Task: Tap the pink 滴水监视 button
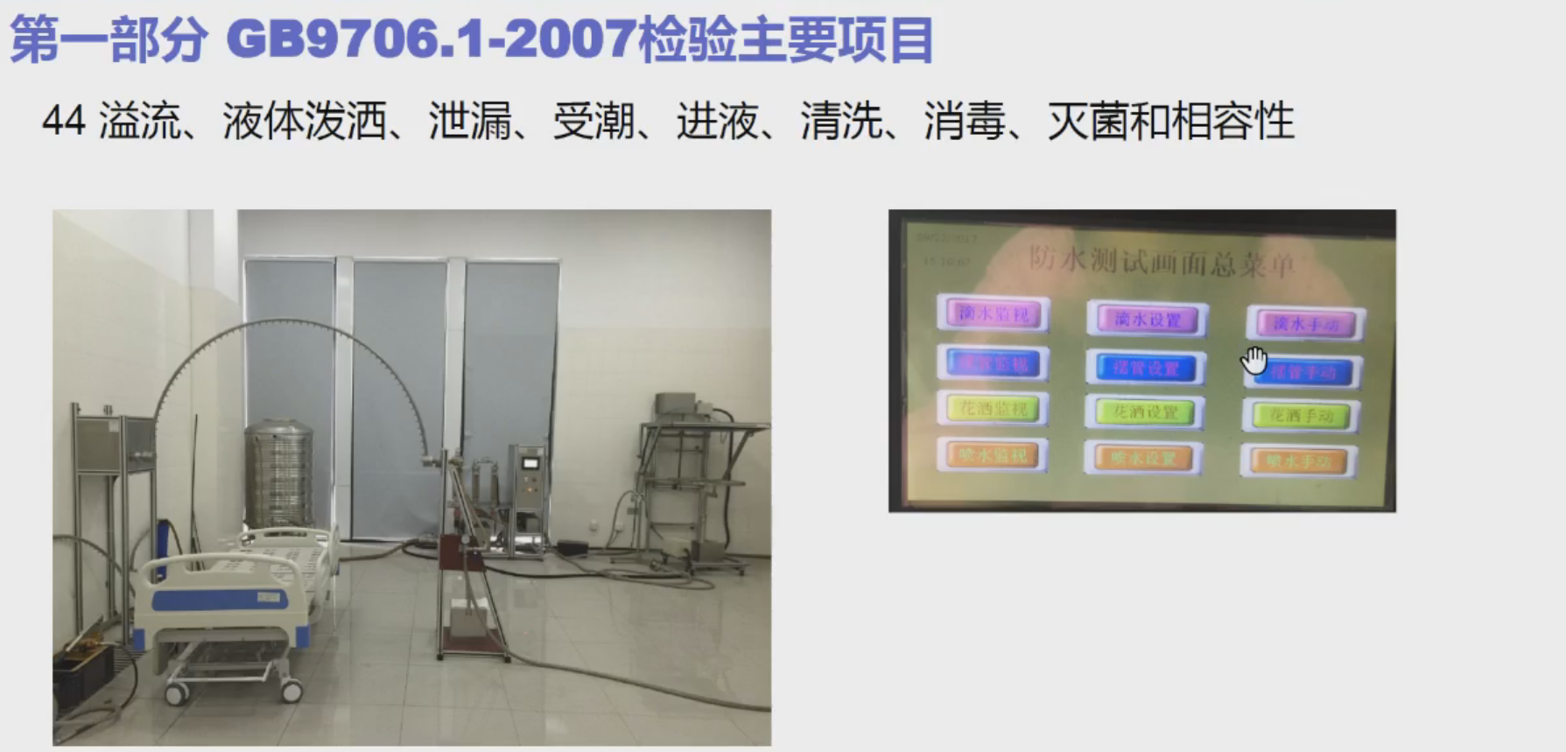tap(993, 313)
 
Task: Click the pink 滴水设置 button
tap(1148, 320)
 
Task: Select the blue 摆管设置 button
tap(1146, 369)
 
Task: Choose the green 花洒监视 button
tap(993, 408)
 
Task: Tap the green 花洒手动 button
tap(1301, 416)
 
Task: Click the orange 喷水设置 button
tap(1143, 458)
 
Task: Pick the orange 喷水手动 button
tap(1299, 460)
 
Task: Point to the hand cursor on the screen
tap(1254, 359)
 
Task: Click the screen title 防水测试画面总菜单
tap(1161, 261)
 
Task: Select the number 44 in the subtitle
tap(63, 121)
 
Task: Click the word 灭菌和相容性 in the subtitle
tap(1170, 121)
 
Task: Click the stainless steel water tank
tap(278, 473)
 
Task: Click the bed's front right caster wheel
tap(291, 692)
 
